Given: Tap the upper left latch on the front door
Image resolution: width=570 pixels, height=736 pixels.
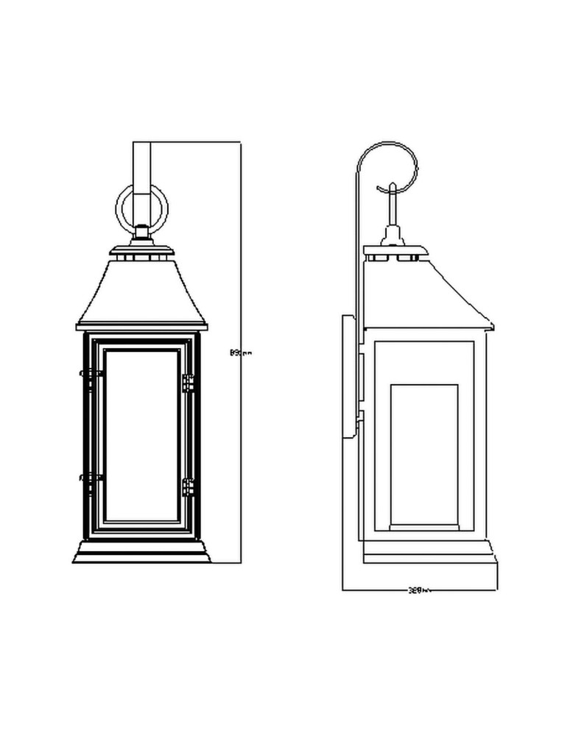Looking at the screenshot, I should pyautogui.click(x=91, y=375).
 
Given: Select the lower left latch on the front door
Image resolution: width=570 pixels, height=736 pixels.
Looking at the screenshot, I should pyautogui.click(x=91, y=479).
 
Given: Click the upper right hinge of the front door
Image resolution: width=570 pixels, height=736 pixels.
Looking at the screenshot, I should pyautogui.click(x=188, y=383).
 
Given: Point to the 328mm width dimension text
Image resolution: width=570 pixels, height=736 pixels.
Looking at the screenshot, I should pyautogui.click(x=418, y=590).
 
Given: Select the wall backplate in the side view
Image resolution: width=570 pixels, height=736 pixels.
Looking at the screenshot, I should pyautogui.click(x=347, y=375).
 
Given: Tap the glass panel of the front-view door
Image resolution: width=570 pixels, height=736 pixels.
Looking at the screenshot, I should pyautogui.click(x=141, y=434).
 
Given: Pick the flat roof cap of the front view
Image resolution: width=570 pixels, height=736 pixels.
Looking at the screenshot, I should pyautogui.click(x=141, y=252).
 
